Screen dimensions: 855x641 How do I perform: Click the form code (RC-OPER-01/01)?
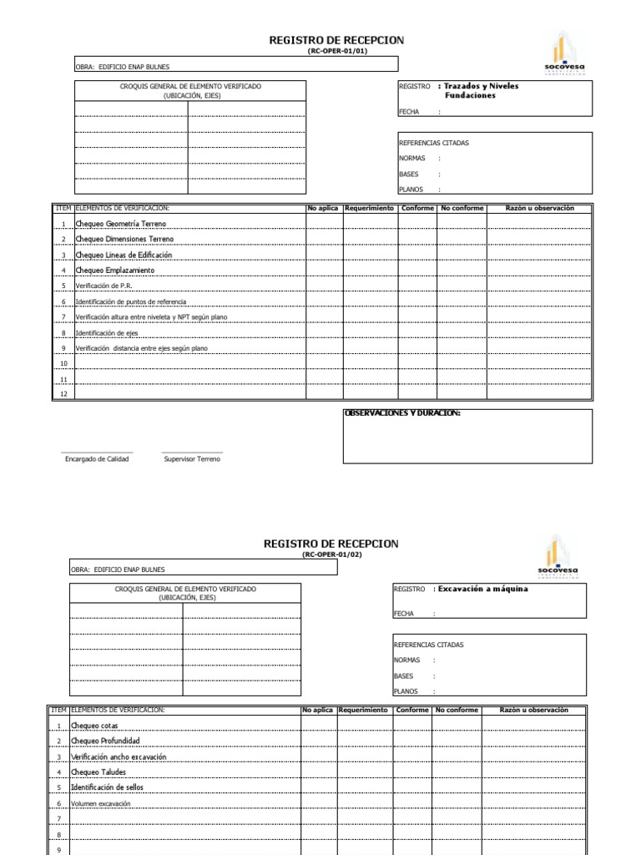[x=336, y=51]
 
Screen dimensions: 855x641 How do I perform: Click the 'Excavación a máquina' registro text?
[x=482, y=589]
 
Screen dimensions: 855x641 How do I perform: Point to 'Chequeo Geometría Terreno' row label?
[x=121, y=225]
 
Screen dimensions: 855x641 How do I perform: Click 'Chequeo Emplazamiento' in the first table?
[x=114, y=271]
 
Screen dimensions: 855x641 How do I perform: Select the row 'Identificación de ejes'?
[x=107, y=332]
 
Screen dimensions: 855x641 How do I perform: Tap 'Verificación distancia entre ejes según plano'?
[x=141, y=348]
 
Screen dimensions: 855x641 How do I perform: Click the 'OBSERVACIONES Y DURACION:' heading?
[x=402, y=413]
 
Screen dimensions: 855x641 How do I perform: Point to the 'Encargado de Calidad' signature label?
[x=97, y=459]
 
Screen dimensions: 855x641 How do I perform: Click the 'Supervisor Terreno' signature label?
[x=192, y=459]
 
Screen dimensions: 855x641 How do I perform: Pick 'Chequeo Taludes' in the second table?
[x=99, y=772]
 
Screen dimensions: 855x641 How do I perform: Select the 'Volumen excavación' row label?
[x=101, y=803]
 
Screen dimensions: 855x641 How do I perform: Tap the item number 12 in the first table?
[x=63, y=394]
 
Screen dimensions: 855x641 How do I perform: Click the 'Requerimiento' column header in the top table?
[x=369, y=208]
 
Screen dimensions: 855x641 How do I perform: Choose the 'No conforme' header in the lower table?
[x=457, y=710]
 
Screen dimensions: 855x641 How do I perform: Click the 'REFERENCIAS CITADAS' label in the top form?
[x=434, y=143]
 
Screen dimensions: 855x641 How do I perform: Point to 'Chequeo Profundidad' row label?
[x=105, y=741]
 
